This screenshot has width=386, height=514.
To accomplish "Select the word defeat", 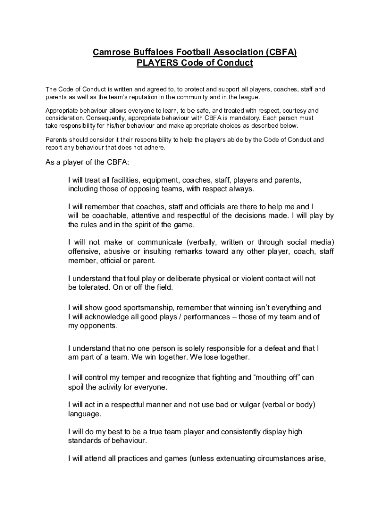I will [x=276, y=348].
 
